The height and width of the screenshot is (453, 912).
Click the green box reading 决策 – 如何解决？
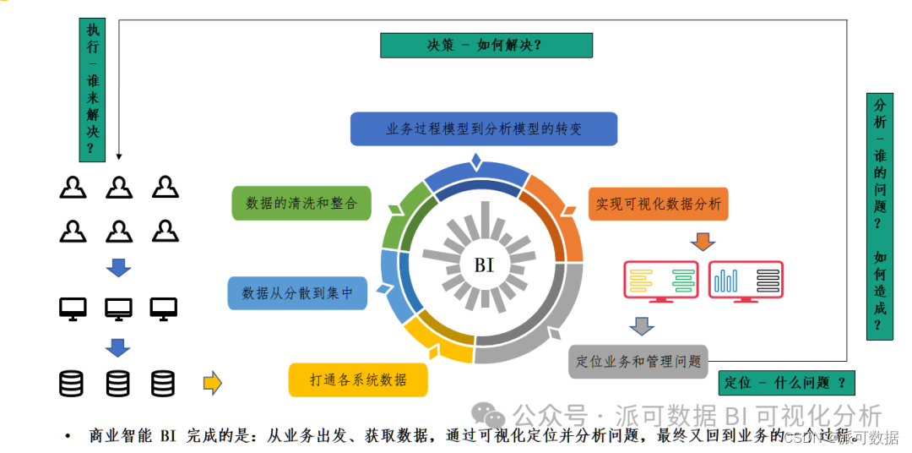point(486,45)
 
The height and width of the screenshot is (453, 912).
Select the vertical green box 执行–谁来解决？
point(92,90)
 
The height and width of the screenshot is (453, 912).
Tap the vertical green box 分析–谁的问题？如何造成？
point(879,216)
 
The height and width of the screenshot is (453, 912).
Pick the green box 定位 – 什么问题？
point(785,382)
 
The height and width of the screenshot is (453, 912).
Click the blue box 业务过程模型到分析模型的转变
point(484,129)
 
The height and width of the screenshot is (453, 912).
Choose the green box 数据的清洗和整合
point(301,203)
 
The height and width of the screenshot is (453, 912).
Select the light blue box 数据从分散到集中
point(297,292)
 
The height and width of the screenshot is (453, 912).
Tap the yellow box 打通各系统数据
point(358,379)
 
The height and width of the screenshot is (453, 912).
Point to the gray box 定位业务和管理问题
point(638,361)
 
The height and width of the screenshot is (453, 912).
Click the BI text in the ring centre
point(484,265)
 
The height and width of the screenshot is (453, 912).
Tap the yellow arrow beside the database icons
point(212,383)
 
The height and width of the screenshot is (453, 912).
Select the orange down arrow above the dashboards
point(702,242)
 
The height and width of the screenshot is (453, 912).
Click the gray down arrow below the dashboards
point(642,325)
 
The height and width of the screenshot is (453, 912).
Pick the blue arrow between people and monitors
point(118,268)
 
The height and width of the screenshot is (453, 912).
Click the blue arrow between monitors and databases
point(118,347)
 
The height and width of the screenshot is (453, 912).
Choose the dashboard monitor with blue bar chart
point(746,281)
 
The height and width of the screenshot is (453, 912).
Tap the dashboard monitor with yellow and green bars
point(660,281)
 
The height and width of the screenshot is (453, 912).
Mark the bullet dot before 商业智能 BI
point(68,437)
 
